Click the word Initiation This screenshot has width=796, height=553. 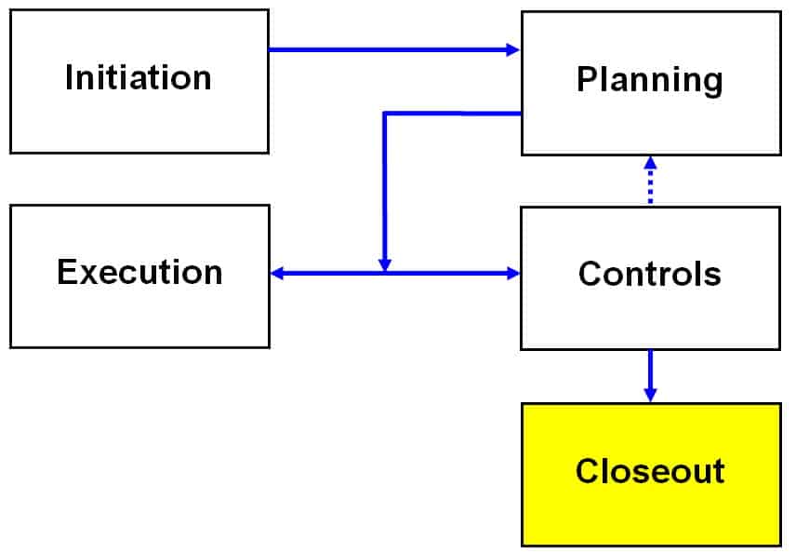click(x=138, y=77)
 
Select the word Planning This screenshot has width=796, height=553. click(x=649, y=80)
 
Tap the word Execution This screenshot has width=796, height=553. click(x=139, y=272)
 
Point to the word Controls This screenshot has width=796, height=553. click(x=649, y=274)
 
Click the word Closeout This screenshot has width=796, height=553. click(x=649, y=471)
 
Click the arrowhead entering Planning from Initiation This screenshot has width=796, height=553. click(x=513, y=49)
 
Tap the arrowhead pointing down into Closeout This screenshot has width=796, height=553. click(x=650, y=395)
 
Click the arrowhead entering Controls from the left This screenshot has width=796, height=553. click(x=513, y=273)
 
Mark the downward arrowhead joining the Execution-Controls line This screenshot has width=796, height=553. click(x=385, y=265)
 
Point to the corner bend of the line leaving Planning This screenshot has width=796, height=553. click(x=385, y=114)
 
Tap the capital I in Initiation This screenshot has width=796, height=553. click(x=70, y=77)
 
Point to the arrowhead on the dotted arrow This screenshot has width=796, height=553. click(x=650, y=163)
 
